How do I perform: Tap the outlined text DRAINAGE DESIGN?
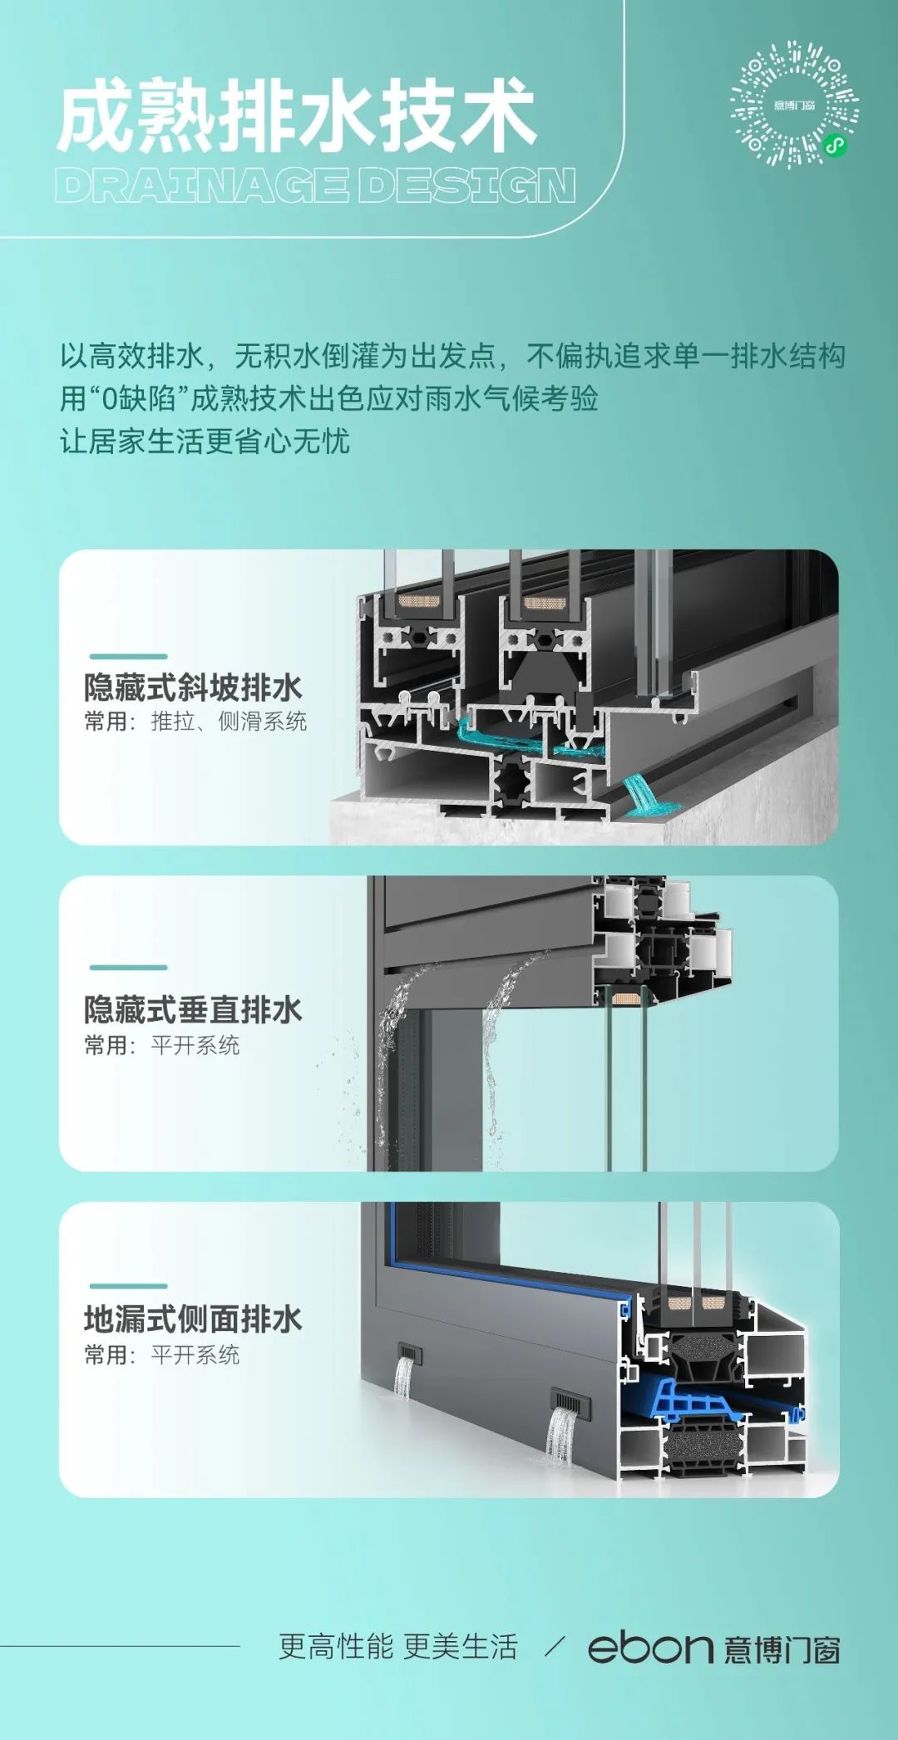pos(315,185)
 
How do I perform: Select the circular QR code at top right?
pos(794,105)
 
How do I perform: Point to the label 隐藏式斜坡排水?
pos(193,688)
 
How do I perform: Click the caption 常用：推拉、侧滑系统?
pos(195,722)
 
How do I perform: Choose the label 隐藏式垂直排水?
pos(193,1009)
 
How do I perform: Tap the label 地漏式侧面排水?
pos(193,1319)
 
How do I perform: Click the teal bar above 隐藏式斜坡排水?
pos(128,656)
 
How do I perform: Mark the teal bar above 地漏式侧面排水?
pos(128,1286)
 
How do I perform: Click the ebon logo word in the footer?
pos(650,1647)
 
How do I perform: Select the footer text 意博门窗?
pos(782,1649)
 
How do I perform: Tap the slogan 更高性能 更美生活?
pos(398,1646)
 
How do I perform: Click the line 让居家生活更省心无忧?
pos(205,441)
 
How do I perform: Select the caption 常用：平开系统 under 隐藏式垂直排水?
pos(161,1045)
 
